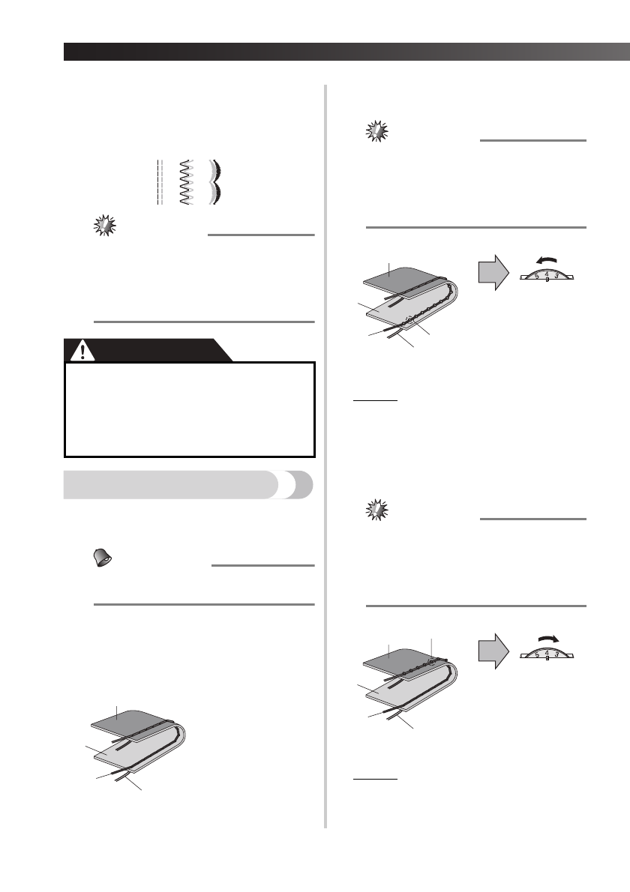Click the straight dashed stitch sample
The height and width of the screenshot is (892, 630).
(x=160, y=182)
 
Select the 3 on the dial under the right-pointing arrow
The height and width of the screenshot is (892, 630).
(x=556, y=654)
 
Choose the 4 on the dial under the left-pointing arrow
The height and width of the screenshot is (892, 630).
(x=547, y=274)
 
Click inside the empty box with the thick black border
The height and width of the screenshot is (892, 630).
(x=190, y=409)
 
